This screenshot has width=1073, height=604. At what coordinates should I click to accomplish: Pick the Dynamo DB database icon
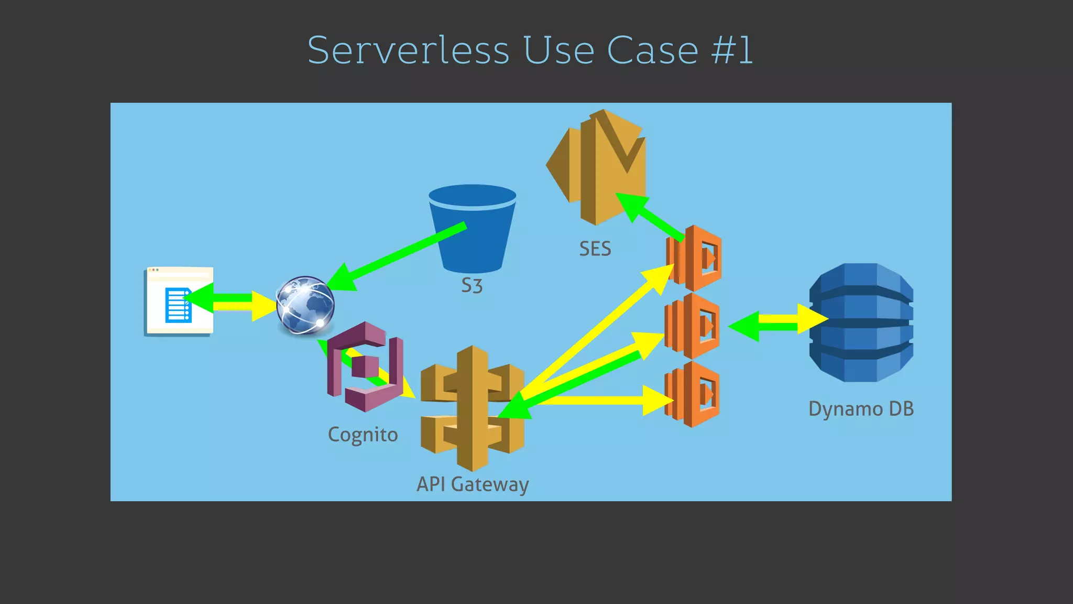[861, 322]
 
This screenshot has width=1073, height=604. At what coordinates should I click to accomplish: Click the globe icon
[305, 305]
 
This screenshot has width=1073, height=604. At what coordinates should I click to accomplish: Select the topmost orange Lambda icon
[694, 258]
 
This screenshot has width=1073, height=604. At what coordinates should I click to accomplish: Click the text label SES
[595, 249]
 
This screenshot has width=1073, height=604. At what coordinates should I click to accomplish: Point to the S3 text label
[472, 286]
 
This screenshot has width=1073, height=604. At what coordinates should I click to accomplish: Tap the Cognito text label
[363, 435]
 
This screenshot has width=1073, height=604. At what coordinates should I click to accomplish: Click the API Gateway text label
[473, 484]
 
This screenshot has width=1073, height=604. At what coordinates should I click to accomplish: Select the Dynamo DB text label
[861, 409]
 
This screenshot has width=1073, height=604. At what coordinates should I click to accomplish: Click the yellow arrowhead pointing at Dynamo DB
[812, 318]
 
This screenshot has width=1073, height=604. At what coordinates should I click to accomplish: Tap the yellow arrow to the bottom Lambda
[603, 401]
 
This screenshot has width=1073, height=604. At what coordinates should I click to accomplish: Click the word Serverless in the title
[408, 50]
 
